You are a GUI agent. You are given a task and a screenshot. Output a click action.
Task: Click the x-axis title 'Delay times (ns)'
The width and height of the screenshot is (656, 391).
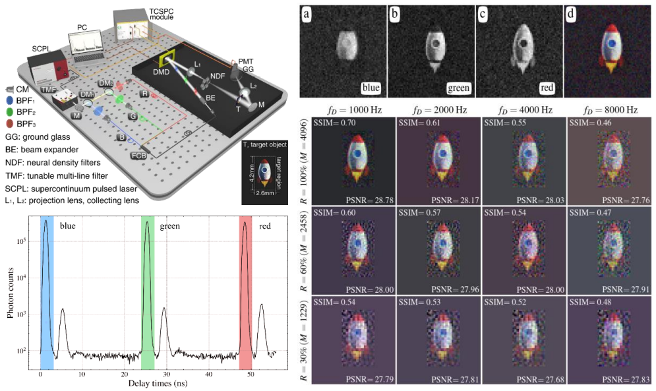click(x=159, y=383)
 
